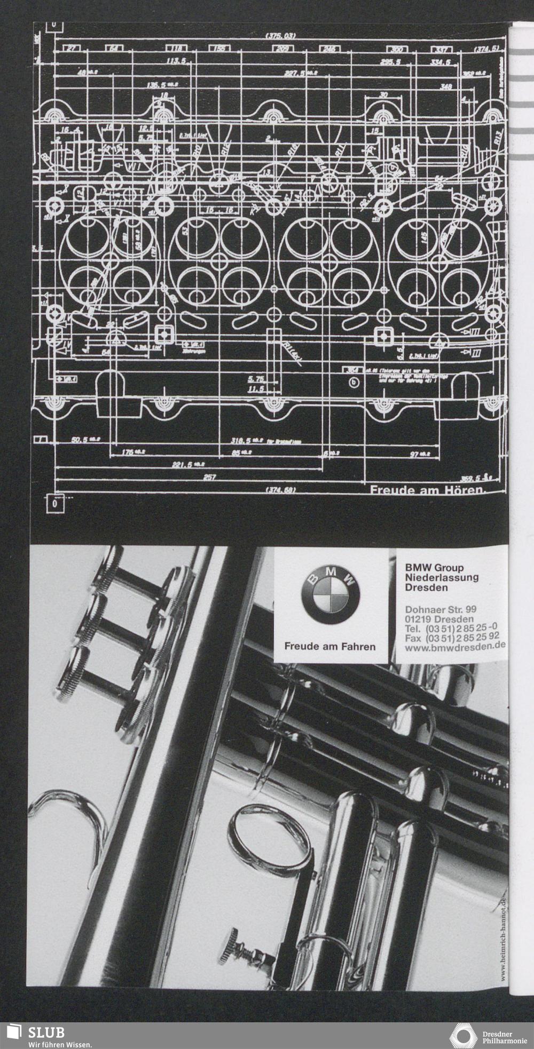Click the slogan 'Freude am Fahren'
pos(330,646)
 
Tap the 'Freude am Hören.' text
pos(427,489)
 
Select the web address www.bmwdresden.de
pos(456,647)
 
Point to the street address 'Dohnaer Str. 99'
pos(441,609)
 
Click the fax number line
pos(452,638)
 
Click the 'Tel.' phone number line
pos(452,628)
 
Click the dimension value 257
pos(210,477)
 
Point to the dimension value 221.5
pos(184,465)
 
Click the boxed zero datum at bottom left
pos(56,503)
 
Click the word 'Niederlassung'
pos(441,577)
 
